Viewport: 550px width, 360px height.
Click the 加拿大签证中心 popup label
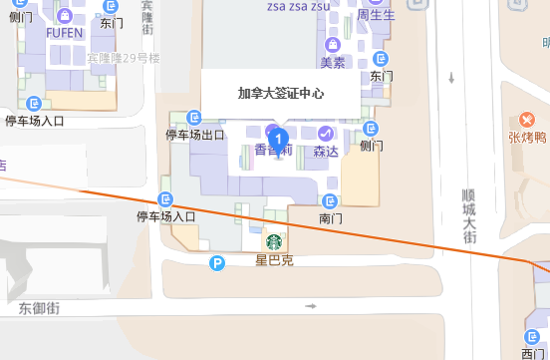click(281, 95)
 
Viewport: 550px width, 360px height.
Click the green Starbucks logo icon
click(272, 242)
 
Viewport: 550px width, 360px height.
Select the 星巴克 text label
click(273, 261)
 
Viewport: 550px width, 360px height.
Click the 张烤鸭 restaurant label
click(527, 138)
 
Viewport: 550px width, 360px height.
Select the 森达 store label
click(326, 152)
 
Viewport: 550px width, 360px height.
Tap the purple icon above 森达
click(326, 133)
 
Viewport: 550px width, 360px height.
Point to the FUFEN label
click(63, 31)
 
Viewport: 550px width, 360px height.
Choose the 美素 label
click(332, 62)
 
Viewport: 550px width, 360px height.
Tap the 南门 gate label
click(331, 216)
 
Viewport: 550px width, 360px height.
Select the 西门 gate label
click(533, 353)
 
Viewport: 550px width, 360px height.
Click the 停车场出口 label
click(194, 135)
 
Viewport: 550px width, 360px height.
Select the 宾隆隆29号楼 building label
click(124, 59)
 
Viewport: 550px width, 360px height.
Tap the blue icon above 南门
click(331, 198)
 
